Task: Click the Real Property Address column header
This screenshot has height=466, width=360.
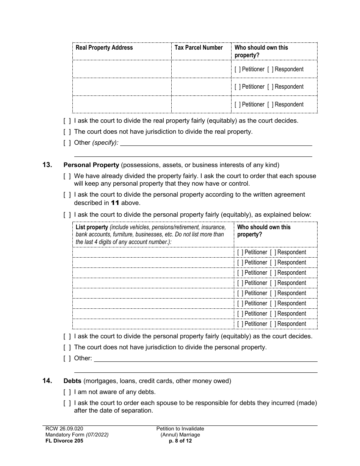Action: coord(104,48)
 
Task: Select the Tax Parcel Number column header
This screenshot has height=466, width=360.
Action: coord(198,48)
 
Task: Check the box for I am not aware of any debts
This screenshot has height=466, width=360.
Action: coord(67,392)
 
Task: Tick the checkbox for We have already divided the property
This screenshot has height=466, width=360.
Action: coord(67,176)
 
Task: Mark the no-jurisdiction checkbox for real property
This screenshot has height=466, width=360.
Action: coord(67,132)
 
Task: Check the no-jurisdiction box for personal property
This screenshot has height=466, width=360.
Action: coord(67,347)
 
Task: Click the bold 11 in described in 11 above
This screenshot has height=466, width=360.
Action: coord(115,203)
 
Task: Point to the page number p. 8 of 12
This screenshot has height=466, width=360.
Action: coord(180,441)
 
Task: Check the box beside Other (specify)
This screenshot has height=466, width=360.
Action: coord(67,143)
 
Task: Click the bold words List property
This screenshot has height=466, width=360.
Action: coord(92,227)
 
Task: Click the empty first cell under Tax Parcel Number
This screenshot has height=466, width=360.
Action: coord(201,69)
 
